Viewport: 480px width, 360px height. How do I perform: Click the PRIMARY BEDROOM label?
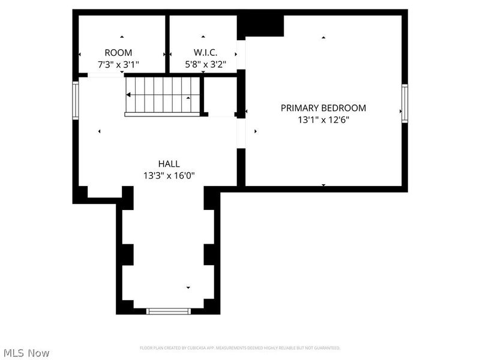pyautogui.click(x=323, y=108)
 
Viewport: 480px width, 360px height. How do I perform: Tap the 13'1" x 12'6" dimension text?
pyautogui.click(x=323, y=119)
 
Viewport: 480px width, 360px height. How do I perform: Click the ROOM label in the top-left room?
pyautogui.click(x=118, y=52)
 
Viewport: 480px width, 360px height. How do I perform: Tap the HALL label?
pyautogui.click(x=169, y=164)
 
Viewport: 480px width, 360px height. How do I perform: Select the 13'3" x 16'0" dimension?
pyautogui.click(x=169, y=176)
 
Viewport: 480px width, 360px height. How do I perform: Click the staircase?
pyautogui.click(x=162, y=95)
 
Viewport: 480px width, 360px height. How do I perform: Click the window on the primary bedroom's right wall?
pyautogui.click(x=404, y=104)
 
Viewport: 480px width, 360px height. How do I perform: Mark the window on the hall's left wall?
pyautogui.click(x=76, y=101)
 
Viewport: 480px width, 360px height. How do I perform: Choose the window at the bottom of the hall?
pyautogui.click(x=169, y=311)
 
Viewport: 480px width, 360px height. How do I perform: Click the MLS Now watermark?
pyautogui.click(x=26, y=353)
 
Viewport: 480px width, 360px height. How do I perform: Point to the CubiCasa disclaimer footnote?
pyautogui.click(x=240, y=348)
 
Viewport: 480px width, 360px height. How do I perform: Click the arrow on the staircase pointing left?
pyautogui.click(x=129, y=95)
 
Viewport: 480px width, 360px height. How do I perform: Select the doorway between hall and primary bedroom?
pyautogui.click(x=241, y=133)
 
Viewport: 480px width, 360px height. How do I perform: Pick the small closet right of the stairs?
pyautogui.click(x=221, y=96)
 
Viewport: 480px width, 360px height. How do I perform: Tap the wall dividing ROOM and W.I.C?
pyautogui.click(x=167, y=43)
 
